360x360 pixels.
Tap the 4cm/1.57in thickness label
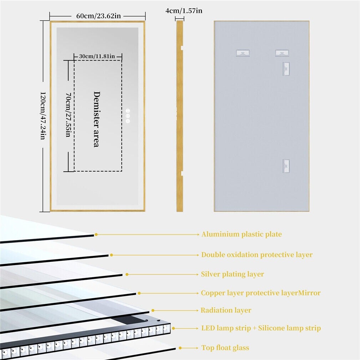(x=184, y=11)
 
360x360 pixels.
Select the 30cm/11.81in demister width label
(x=97, y=56)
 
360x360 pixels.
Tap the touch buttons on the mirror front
(x=128, y=116)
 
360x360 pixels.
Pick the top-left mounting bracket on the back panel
(x=243, y=53)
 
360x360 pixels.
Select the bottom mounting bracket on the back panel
(x=286, y=166)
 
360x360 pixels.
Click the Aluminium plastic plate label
(x=242, y=234)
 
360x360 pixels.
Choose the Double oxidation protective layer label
(x=257, y=255)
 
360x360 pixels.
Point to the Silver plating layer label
(x=232, y=274)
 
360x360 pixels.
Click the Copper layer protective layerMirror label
(x=260, y=293)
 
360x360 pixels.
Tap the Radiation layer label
(x=226, y=310)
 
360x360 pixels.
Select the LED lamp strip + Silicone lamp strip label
(x=261, y=328)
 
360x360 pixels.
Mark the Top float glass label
(x=225, y=348)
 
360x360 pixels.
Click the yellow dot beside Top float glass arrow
(x=181, y=348)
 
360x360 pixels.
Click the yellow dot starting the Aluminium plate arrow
(x=96, y=234)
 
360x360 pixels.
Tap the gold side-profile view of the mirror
(x=179, y=116)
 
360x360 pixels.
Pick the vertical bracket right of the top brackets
(x=286, y=69)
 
